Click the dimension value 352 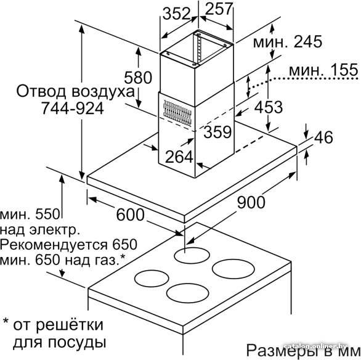177,14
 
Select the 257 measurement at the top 219,9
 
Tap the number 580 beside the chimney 138,78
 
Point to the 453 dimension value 268,107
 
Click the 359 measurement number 217,132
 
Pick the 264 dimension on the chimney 179,157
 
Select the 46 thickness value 323,137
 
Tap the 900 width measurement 251,202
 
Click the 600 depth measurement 131,215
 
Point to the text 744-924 73,108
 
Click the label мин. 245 288,42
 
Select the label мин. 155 323,70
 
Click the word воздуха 103,92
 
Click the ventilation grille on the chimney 177,113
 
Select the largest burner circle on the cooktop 233,269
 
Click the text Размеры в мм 304,350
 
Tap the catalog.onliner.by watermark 315,346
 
